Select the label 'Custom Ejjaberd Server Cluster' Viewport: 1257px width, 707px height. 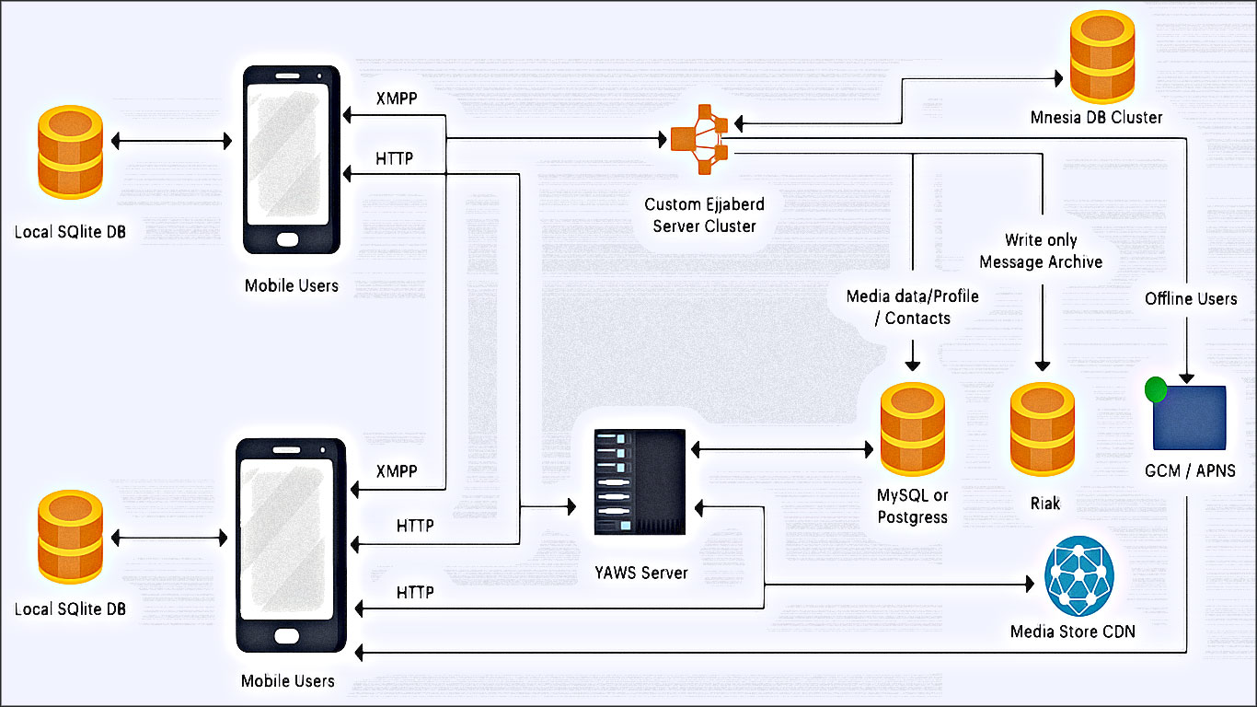pos(704,214)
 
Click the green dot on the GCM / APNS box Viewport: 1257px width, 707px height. pos(1155,390)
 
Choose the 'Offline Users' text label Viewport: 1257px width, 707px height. pos(1191,299)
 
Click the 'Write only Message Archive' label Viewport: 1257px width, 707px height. pos(1041,251)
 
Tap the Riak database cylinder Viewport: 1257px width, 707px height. pos(1042,430)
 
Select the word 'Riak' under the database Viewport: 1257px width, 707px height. pos(1045,504)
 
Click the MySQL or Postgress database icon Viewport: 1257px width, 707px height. pos(912,428)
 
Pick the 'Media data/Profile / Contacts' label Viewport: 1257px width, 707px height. pos(912,307)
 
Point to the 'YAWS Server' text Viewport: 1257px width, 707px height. pos(640,573)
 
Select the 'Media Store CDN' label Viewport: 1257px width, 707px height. pos(1073,632)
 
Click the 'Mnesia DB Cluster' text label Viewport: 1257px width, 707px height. pos(1097,117)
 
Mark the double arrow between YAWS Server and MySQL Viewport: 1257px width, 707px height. pos(781,450)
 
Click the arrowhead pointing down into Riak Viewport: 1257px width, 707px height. pos(1042,364)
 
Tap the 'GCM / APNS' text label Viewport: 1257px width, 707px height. pos(1190,471)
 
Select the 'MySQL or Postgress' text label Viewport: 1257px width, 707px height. pos(912,507)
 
